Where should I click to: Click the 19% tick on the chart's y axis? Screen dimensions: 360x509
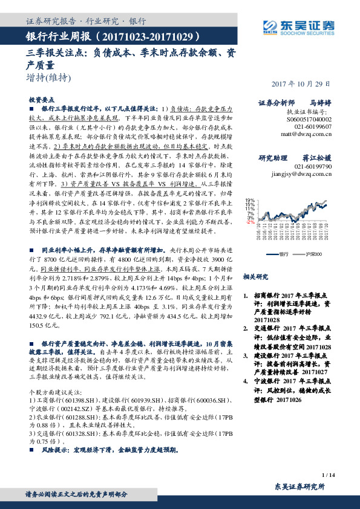pyautogui.click(x=249, y=200)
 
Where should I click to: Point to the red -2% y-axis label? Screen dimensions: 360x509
pyautogui.click(x=249, y=222)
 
